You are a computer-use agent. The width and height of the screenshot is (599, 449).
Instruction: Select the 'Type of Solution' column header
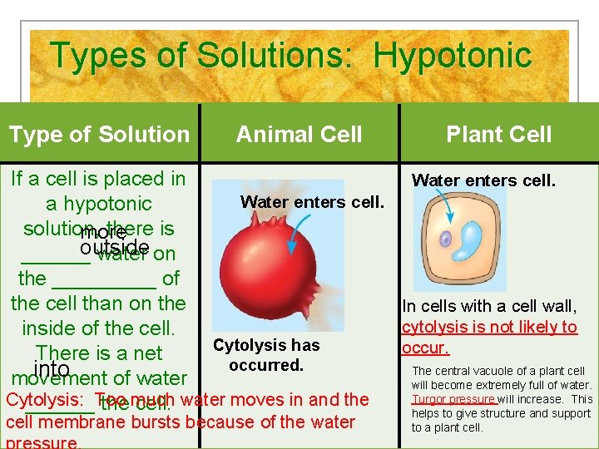(99, 134)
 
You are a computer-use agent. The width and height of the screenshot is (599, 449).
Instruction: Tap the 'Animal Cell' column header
(299, 134)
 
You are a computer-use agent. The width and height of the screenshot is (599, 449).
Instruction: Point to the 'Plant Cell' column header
(498, 134)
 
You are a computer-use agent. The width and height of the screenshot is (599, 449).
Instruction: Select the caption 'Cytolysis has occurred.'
(266, 355)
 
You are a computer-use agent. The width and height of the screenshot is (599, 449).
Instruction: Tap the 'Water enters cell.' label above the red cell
(312, 201)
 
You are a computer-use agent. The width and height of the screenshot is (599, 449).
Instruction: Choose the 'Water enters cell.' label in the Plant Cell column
(483, 180)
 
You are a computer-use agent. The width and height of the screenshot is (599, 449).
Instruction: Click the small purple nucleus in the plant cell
(446, 239)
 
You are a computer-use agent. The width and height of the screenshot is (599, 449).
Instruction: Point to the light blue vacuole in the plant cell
(474, 240)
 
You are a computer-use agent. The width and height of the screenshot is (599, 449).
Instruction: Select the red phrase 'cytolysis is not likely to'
(489, 328)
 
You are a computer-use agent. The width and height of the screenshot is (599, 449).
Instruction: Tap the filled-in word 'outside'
(115, 248)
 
